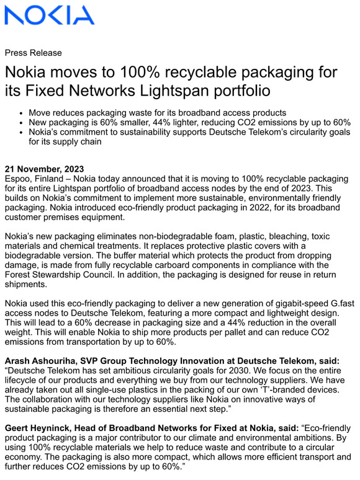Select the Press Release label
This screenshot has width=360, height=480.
(x=33, y=53)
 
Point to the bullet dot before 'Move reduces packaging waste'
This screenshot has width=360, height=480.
(x=22, y=113)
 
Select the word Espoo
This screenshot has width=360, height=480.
(x=19, y=179)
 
